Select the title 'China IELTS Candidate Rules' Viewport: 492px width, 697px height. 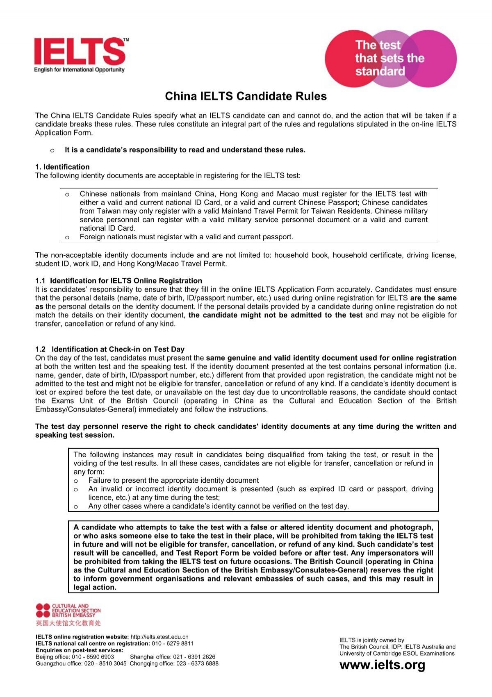[x=246, y=96]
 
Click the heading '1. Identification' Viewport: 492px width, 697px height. [x=62, y=167]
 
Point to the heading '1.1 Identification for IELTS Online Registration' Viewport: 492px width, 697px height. [x=118, y=281]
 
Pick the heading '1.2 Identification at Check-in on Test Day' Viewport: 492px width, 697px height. [x=109, y=349]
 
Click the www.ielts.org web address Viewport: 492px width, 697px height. [x=382, y=665]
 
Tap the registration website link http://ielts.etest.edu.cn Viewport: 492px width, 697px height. [x=159, y=637]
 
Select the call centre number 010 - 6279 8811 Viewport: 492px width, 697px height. [x=173, y=643]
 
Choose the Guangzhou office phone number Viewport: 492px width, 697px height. [x=105, y=663]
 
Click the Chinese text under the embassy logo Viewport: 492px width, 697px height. [x=68, y=623]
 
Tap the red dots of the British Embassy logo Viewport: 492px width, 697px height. [x=43, y=610]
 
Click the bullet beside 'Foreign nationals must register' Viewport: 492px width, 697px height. [x=67, y=237]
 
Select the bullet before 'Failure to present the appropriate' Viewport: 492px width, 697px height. [x=76, y=481]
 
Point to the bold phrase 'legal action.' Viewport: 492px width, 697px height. [x=95, y=587]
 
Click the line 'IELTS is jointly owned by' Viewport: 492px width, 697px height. [x=371, y=640]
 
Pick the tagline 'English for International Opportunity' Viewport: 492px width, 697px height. [x=79, y=70]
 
